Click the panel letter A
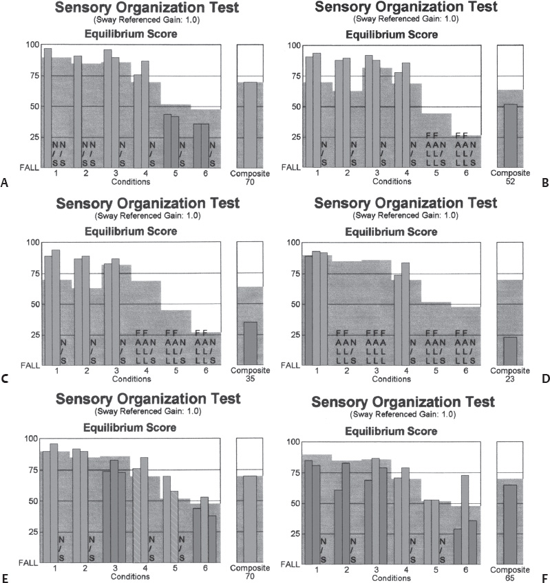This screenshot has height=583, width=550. (x=5, y=183)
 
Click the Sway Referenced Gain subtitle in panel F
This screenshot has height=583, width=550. (x=403, y=415)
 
